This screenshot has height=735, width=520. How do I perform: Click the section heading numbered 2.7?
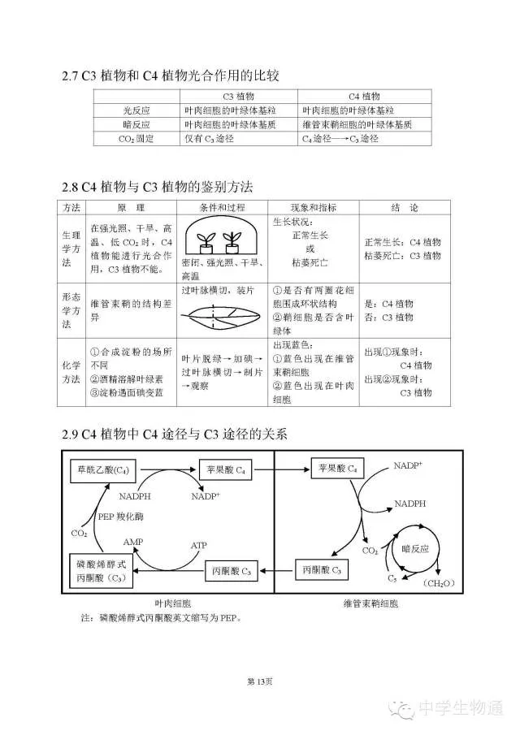point(171,76)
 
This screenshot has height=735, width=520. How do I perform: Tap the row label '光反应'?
point(136,110)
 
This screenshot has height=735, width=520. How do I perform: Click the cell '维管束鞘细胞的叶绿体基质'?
point(357,124)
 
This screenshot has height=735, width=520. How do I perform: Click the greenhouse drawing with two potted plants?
point(221,236)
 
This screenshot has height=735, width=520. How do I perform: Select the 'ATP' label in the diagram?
point(199,545)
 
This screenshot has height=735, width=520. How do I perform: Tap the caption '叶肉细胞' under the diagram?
point(172,603)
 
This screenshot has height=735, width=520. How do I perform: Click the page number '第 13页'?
point(259,681)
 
